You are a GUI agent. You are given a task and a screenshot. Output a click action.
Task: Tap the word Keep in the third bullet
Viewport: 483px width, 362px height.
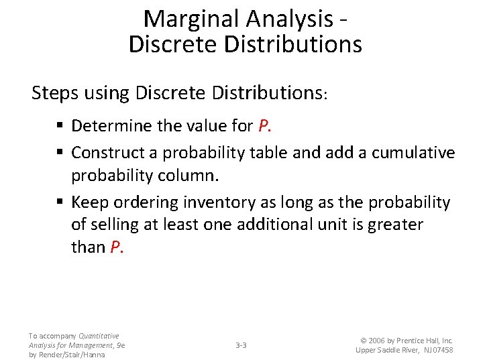point(90,202)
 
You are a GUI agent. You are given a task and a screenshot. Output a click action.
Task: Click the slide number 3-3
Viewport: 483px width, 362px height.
point(241,345)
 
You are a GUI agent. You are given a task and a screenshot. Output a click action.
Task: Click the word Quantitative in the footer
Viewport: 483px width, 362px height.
point(99,336)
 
